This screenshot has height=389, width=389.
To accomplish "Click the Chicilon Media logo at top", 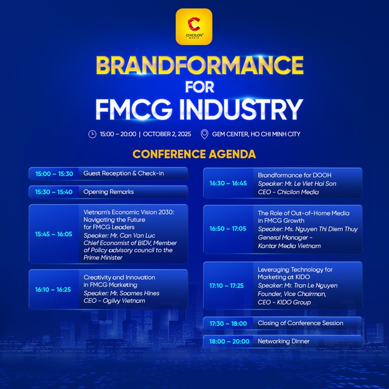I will (x=194, y=26).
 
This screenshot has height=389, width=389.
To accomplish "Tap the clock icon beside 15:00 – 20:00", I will (x=92, y=134).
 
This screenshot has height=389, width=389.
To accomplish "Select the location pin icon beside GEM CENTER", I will (x=204, y=134).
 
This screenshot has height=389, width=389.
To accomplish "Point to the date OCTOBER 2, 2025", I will (x=167, y=134).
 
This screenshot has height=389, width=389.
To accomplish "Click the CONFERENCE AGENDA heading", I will (x=194, y=154).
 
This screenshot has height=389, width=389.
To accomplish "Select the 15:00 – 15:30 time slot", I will (x=54, y=174).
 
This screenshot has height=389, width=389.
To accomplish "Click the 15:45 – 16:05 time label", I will (x=54, y=234).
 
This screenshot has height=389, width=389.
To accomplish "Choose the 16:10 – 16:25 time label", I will (x=54, y=289).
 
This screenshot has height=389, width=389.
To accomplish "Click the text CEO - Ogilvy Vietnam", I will (x=114, y=300).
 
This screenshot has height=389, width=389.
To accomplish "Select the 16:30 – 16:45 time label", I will (x=228, y=183).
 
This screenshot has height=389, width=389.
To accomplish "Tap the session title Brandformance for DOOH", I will (x=294, y=175).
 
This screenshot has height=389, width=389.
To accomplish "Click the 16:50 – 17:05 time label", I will (x=228, y=229).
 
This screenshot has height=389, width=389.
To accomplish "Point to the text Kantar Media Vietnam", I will (x=289, y=246).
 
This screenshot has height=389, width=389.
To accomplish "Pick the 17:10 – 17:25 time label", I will (x=228, y=285).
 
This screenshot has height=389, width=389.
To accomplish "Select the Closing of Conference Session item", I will (x=300, y=323).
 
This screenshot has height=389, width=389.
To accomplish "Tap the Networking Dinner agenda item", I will (x=283, y=342).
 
